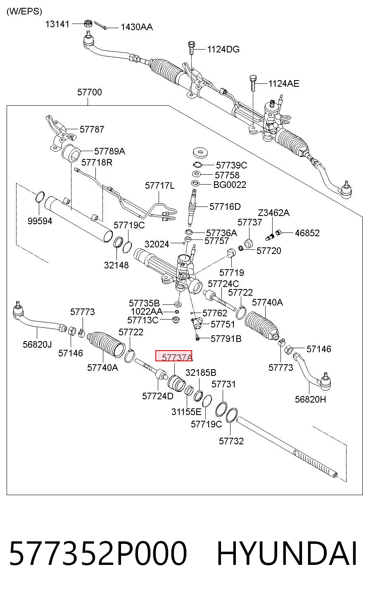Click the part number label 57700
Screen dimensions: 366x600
click(90, 92)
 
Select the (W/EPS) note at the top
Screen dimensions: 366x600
click(24, 11)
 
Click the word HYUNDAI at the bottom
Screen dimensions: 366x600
click(287, 553)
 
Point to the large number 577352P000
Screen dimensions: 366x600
click(98, 553)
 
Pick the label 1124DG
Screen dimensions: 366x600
click(223, 49)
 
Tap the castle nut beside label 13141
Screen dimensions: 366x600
click(88, 23)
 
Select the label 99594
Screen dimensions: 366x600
click(40, 221)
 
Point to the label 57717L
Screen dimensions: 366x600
click(160, 185)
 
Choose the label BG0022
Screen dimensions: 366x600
click(230, 185)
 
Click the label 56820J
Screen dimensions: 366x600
click(37, 344)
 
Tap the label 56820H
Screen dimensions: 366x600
click(311, 399)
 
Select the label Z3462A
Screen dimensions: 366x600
click(273, 213)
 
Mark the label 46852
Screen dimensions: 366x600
click(307, 233)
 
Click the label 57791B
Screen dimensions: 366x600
click(226, 339)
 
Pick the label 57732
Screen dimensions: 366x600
click(231, 441)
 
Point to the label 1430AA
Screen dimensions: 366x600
click(137, 27)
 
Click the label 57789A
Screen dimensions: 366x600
click(109, 151)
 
